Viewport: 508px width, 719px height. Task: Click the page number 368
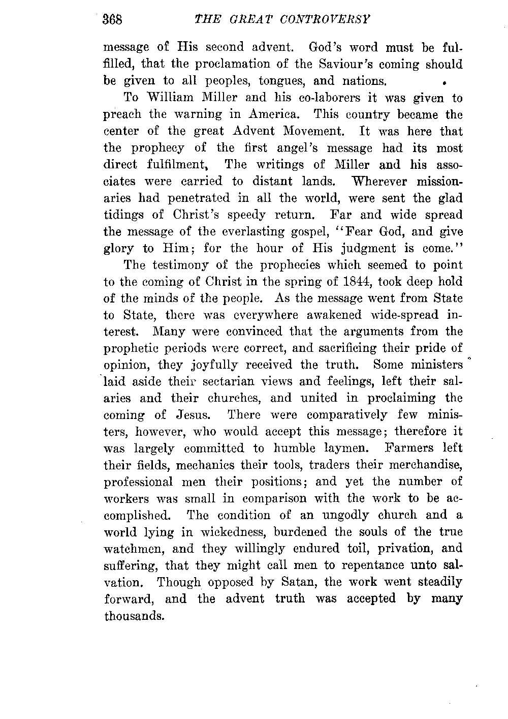pyautogui.click(x=114, y=19)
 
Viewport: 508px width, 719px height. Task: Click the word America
pyautogui.click(x=276, y=115)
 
